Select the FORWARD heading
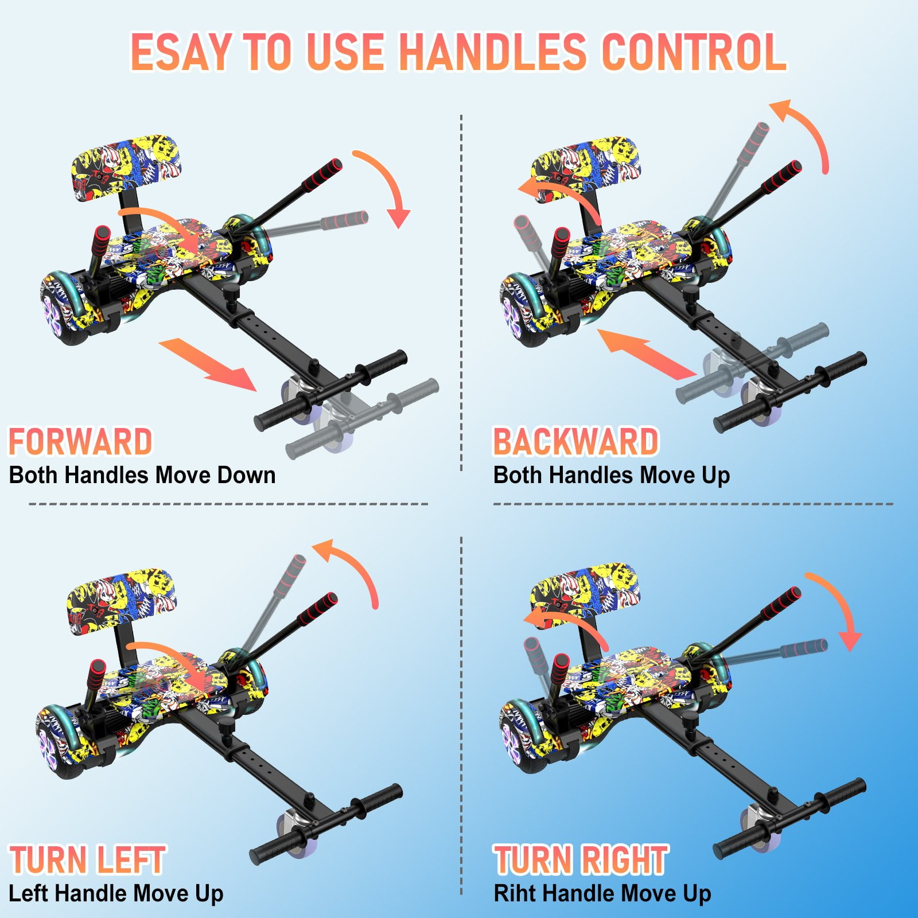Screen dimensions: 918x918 pyautogui.click(x=80, y=441)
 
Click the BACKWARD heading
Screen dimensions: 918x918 pyautogui.click(x=576, y=441)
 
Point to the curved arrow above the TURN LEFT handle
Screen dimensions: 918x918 pyautogui.click(x=356, y=565)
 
